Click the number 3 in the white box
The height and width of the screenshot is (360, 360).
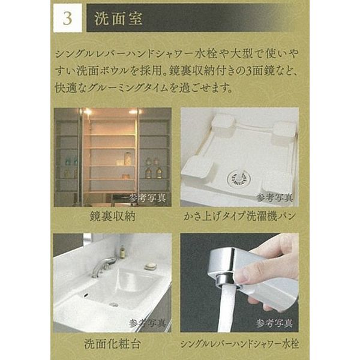[67, 18]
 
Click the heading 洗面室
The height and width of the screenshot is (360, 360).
[118, 18]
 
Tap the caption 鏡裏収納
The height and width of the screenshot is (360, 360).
[113, 216]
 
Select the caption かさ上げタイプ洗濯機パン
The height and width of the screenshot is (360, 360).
[239, 216]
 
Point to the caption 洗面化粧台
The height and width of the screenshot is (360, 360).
[112, 344]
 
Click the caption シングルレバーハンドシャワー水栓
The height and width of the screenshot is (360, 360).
[239, 344]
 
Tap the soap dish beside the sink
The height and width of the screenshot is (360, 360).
[151, 266]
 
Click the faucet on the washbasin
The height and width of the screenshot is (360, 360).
[103, 267]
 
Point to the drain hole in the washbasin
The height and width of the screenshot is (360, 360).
[113, 304]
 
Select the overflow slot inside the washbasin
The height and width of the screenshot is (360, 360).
[86, 295]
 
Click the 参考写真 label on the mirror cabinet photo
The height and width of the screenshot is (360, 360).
[148, 197]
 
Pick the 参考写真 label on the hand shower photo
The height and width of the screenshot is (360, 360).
[275, 323]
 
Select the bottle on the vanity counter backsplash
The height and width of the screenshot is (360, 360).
[122, 251]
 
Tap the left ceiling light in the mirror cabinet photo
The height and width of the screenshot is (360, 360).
[88, 112]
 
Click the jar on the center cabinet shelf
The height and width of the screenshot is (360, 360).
[127, 158]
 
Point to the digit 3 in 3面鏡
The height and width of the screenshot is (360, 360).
[249, 71]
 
